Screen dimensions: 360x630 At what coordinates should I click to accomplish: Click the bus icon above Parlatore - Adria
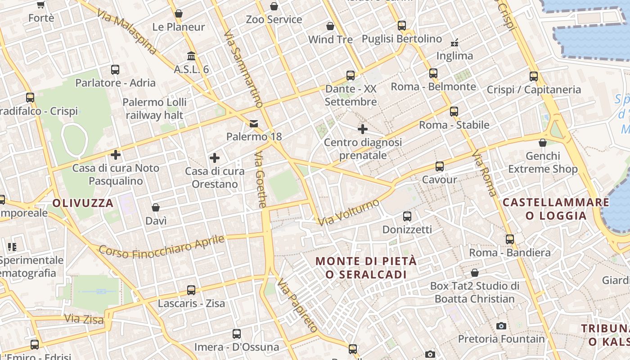coord(115,70)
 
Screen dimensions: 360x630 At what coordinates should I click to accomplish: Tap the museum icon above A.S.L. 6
coord(191,56)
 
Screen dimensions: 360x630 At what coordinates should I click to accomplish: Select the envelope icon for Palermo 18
coord(254,123)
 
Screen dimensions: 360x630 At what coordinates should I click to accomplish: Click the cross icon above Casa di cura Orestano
coord(215,158)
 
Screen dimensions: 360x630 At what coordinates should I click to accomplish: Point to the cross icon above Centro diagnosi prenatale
coord(362,130)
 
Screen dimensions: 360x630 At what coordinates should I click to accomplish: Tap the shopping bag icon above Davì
coord(156,207)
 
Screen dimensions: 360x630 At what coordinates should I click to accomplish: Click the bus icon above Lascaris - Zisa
coord(191,290)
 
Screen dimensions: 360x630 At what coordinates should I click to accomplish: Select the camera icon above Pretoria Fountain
coord(501,326)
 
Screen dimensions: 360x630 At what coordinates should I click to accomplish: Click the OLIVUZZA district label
coord(83,203)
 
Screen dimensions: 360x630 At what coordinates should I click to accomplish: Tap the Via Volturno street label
coord(348,212)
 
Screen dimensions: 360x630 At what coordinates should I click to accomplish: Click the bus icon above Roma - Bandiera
coord(509,239)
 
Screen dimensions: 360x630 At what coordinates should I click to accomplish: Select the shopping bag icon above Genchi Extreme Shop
coord(543,143)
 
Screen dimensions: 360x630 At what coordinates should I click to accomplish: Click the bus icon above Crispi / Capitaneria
coord(534,76)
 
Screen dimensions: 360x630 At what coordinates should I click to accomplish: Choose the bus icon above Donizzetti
coord(407,216)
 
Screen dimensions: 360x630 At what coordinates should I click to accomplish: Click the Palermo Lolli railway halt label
coord(154,108)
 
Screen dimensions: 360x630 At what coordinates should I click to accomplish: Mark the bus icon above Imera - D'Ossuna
coord(237,334)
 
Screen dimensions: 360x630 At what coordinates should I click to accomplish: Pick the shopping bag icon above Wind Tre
coord(330,26)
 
